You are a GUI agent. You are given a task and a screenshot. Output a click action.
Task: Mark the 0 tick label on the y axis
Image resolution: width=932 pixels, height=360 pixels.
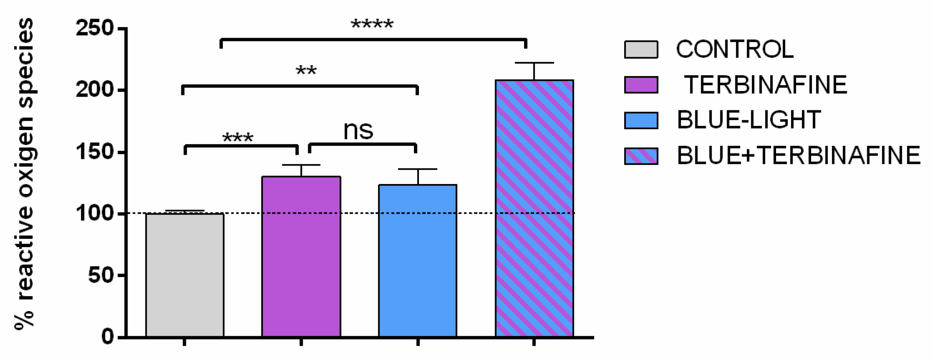coord(107,337)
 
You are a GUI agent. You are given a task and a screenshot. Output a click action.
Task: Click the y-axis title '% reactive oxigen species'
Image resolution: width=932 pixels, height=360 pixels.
coord(24,174)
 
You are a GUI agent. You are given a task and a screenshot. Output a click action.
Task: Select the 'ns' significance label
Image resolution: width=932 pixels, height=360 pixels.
coord(358,130)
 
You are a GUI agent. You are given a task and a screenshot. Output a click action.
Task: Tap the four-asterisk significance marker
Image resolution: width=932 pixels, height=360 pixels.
coord(372,25)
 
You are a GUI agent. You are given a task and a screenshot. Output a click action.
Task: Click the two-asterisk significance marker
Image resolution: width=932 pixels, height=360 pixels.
coord(306,71)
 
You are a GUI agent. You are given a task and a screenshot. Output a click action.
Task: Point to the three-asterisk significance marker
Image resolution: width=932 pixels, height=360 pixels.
coord(237,138)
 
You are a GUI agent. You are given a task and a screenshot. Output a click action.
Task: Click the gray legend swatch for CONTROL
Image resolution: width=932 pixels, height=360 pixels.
coord(641,49)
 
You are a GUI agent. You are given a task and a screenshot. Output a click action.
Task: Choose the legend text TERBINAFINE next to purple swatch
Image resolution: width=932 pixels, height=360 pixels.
coord(765,85)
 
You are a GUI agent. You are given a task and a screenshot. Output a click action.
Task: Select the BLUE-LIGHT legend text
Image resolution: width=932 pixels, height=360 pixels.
coord(748,120)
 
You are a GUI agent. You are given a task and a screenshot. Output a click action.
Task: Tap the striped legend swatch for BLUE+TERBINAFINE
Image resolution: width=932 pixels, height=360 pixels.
coord(641,156)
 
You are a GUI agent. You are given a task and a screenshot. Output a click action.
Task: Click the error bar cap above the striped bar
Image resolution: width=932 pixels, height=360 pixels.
coord(534,63)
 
